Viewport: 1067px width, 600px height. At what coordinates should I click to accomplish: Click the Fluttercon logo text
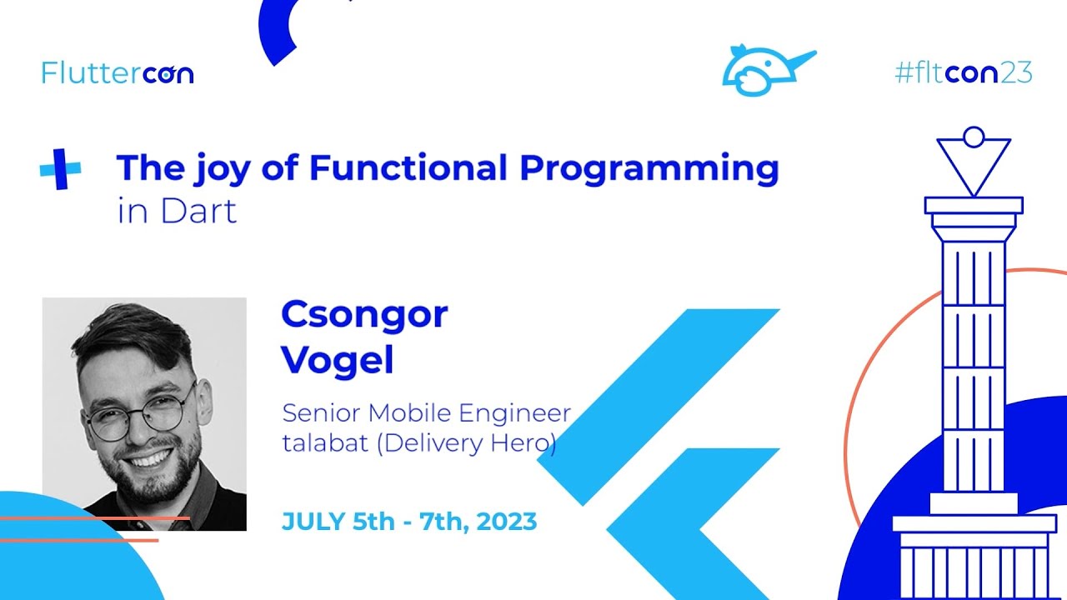coord(118,73)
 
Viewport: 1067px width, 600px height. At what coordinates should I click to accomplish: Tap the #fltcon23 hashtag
coord(963,73)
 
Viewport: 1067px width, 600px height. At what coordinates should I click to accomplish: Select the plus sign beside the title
coord(61,169)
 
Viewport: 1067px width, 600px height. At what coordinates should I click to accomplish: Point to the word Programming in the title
coord(649,169)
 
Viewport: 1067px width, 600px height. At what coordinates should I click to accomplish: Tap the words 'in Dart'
coord(177,211)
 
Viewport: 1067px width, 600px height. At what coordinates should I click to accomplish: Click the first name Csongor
coord(364,315)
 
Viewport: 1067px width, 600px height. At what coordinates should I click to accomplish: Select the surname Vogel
coord(337,360)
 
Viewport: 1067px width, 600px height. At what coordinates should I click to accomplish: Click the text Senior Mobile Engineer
coord(426,412)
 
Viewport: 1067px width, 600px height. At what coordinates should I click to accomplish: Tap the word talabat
coord(325,442)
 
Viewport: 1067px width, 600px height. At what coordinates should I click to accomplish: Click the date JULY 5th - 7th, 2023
coord(408,522)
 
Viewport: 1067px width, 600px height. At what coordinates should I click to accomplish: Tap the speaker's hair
coord(133,333)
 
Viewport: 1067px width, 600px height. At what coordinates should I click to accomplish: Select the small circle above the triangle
coord(973,137)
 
